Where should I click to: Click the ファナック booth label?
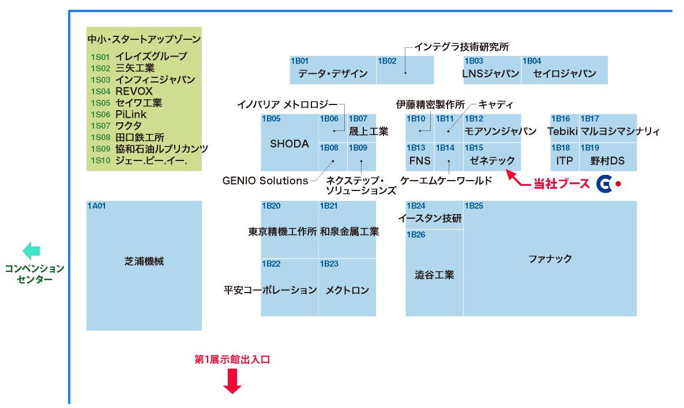click(x=550, y=259)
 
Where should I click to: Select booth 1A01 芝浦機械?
click(x=144, y=261)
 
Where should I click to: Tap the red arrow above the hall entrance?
click(x=232, y=381)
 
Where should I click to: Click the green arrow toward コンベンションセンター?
click(x=31, y=251)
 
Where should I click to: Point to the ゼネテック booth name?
click(x=492, y=160)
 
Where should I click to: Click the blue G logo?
click(x=604, y=184)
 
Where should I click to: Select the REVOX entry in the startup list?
click(x=134, y=91)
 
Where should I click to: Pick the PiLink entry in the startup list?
click(x=131, y=114)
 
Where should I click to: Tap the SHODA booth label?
click(x=290, y=144)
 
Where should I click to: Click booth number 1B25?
click(x=474, y=206)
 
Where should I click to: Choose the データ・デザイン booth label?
click(x=333, y=74)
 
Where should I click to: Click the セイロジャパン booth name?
click(x=564, y=74)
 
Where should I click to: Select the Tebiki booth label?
click(x=562, y=131)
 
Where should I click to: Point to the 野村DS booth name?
click(x=607, y=160)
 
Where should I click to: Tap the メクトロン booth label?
click(x=347, y=290)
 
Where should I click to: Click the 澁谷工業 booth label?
click(x=434, y=275)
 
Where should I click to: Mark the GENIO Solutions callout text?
click(x=265, y=181)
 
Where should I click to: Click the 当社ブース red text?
click(x=561, y=184)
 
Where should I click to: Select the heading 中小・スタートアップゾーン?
click(x=144, y=40)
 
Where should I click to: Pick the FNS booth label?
click(x=420, y=160)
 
